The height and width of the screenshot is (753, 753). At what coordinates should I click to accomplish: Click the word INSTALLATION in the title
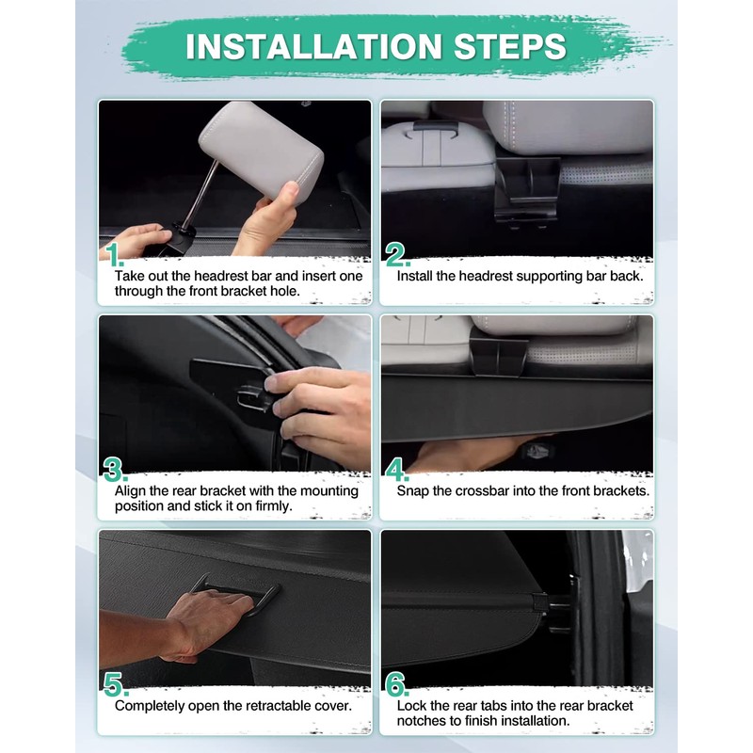pos(313,46)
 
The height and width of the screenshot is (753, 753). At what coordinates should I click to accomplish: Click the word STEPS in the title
pos(510,46)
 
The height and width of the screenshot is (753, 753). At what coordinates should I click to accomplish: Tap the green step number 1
pos(114,254)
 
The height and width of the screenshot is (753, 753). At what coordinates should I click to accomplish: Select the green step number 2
pos(396,254)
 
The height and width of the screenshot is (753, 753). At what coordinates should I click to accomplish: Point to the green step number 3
pos(115,470)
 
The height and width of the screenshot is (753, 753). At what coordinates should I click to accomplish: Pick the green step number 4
pos(397,470)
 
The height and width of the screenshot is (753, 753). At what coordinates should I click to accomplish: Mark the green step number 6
pos(397,684)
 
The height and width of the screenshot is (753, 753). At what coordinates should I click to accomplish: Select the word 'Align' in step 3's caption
pos(130,491)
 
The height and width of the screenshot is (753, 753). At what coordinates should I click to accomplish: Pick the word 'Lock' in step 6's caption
pos(411,706)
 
